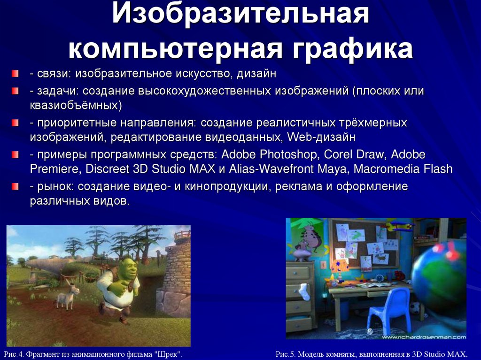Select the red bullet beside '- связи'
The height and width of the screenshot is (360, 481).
tap(16, 74)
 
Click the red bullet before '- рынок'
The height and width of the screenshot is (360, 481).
tap(16, 187)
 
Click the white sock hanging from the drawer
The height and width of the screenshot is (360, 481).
tap(304, 291)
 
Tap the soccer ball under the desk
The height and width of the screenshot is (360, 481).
tap(416, 308)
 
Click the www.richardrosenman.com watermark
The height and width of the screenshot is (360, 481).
tap(423, 337)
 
